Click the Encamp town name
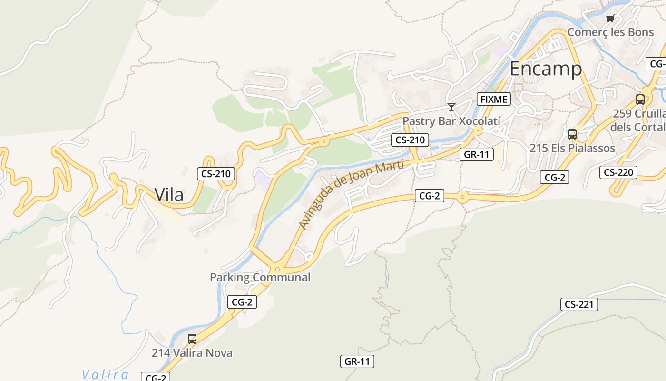546,69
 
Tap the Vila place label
169,195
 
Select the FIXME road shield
494,100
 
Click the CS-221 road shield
579,304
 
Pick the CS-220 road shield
618,172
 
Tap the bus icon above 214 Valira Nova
192,339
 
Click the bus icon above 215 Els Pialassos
572,134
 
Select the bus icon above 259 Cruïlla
640,100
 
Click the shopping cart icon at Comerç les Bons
610,19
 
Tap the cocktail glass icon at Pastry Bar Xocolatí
451,107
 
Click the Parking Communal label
260,277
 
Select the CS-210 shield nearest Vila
216,174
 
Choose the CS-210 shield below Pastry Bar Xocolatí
410,140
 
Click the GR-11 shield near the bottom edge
357,361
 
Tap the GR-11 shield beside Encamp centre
477,154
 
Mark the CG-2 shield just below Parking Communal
242,302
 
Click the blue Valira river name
105,374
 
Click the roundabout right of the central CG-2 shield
462,197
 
